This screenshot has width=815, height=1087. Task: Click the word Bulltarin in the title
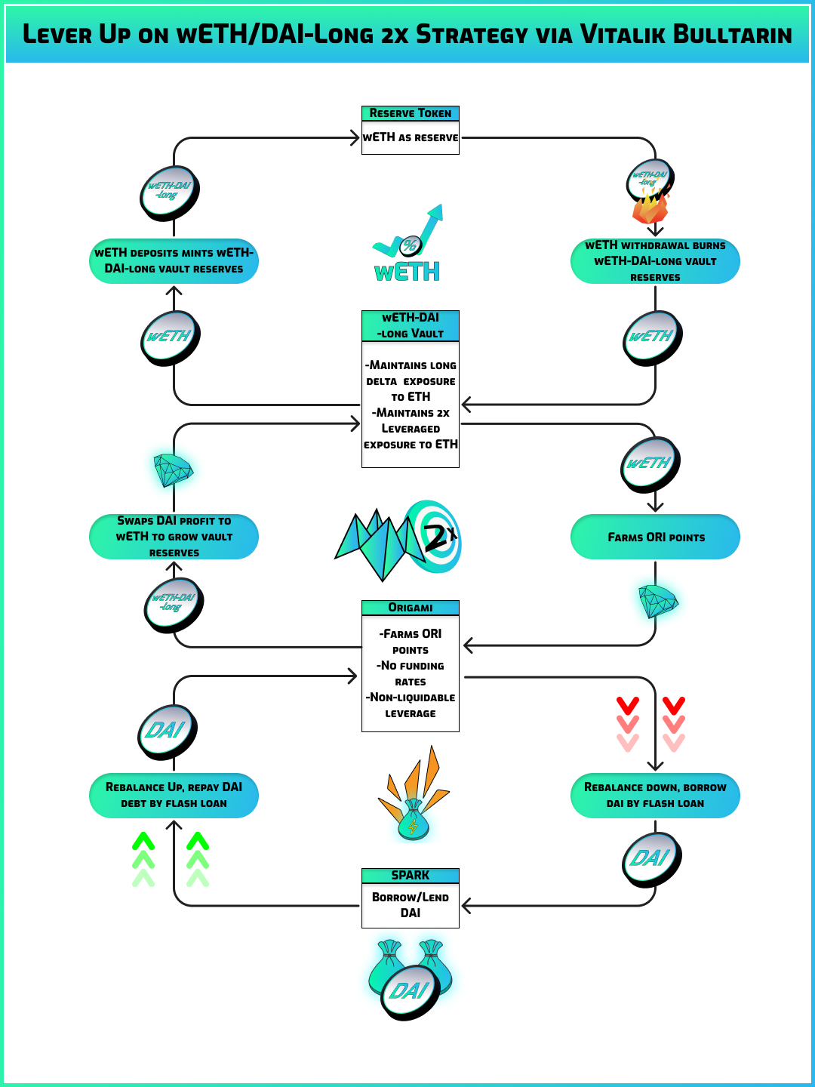tap(732, 35)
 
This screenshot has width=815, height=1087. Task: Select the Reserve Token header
tap(411, 113)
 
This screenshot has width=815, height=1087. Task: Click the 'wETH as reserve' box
tap(411, 138)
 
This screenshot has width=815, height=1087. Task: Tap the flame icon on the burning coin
tap(649, 205)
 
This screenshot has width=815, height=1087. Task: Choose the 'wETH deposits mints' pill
tap(174, 261)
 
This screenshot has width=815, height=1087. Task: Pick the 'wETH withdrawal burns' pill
tap(655, 261)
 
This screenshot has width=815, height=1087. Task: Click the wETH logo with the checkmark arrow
tap(408, 245)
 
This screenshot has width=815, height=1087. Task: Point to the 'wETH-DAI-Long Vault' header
tap(411, 325)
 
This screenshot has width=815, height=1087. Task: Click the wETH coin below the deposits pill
tap(171, 337)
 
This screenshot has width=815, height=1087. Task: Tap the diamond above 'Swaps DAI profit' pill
tap(173, 470)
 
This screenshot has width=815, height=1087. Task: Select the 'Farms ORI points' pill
tap(655, 537)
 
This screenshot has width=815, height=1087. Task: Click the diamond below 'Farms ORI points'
tap(657, 601)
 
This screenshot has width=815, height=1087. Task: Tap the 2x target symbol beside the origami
tap(434, 536)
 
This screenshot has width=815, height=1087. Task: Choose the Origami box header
tap(411, 608)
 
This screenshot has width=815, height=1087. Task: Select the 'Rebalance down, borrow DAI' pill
tap(655, 796)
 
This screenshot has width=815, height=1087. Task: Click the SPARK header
tap(411, 876)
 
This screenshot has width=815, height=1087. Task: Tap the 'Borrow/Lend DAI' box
tap(411, 905)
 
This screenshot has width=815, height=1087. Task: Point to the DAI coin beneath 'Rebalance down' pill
tap(651, 859)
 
